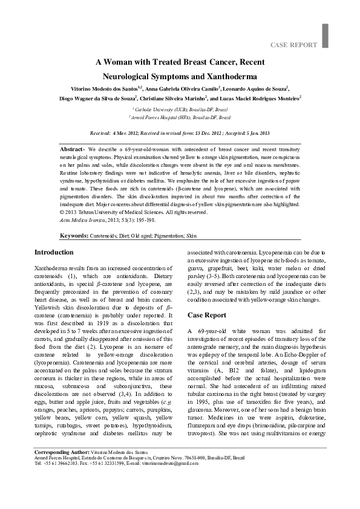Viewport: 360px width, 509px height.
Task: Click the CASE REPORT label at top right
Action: pos(293,45)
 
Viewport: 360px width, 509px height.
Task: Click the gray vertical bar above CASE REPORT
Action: pos(325,35)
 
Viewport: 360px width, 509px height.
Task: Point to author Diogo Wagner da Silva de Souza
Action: pos(97,98)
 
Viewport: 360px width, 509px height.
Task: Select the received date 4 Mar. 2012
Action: pos(125,132)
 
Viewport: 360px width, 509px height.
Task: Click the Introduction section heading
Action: pos(54,253)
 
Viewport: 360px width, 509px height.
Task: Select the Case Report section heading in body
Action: pos(207,316)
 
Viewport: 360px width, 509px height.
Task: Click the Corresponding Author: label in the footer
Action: pos(62,469)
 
